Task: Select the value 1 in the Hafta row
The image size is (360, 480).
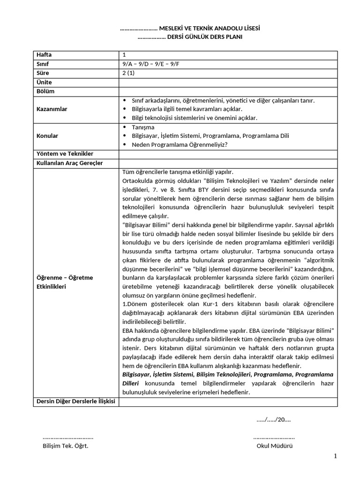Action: click(124, 55)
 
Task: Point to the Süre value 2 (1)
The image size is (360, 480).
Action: click(127, 73)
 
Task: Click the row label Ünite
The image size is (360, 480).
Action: click(44, 82)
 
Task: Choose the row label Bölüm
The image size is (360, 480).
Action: click(45, 91)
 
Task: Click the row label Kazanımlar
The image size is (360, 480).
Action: click(52, 109)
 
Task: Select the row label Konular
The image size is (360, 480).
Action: click(47, 136)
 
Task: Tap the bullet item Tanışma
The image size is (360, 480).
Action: click(143, 127)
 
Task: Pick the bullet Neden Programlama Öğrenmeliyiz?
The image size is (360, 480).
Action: click(180, 144)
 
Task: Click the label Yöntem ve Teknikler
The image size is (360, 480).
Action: click(65, 154)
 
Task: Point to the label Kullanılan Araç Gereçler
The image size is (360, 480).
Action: click(69, 163)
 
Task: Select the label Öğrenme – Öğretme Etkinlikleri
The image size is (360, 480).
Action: click(65, 282)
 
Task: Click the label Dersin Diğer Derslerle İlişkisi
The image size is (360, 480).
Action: click(75, 401)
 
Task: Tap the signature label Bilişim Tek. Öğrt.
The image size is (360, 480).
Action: click(66, 446)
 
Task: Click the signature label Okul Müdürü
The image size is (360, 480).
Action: click(274, 446)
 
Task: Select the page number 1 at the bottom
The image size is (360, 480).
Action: click(336, 456)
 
